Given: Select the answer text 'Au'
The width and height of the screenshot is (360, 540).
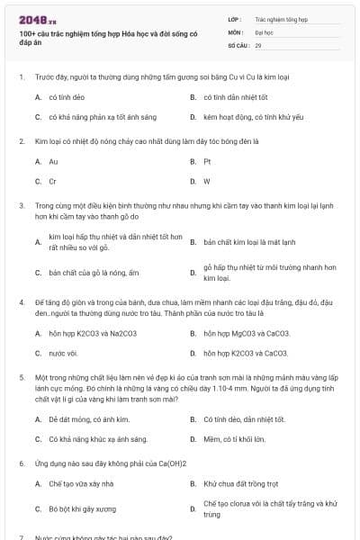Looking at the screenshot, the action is coord(53,162).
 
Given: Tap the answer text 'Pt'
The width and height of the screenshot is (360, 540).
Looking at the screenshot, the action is coord(207,162).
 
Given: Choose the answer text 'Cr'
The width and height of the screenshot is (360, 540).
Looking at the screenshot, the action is coord(52,181).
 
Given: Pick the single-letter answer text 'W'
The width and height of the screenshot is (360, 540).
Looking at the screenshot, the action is coord(207,181).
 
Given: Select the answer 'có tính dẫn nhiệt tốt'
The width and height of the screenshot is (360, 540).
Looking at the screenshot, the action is coord(236,96).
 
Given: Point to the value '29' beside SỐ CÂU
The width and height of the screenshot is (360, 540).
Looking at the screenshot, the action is coord(258,44).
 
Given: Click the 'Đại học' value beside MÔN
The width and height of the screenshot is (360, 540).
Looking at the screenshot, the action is coord(264,31).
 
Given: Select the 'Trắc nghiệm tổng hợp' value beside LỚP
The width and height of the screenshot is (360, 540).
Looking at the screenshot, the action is coord(282,18).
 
